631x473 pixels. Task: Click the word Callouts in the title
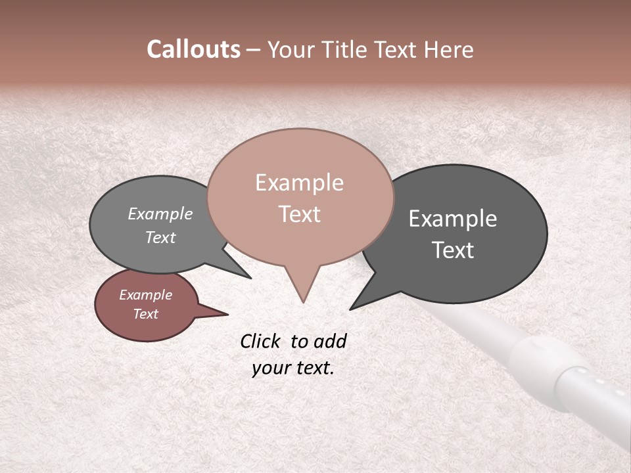193,49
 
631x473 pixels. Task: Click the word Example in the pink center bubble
299,183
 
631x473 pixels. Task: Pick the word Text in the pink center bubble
299,214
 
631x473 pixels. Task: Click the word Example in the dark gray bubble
453,219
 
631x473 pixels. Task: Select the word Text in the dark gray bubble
453,250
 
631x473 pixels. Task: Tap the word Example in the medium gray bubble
160,214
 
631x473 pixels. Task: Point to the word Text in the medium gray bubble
160,237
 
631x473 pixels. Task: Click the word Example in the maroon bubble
145,295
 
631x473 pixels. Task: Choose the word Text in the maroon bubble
145,314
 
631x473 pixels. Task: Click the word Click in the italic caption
261,341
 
